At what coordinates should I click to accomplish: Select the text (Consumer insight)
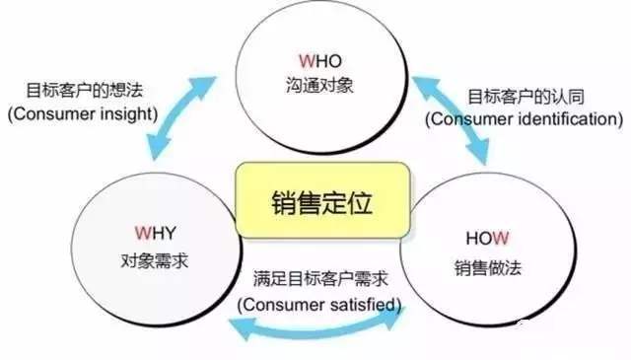point(84,115)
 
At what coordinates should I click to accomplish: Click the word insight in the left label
point(127,115)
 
